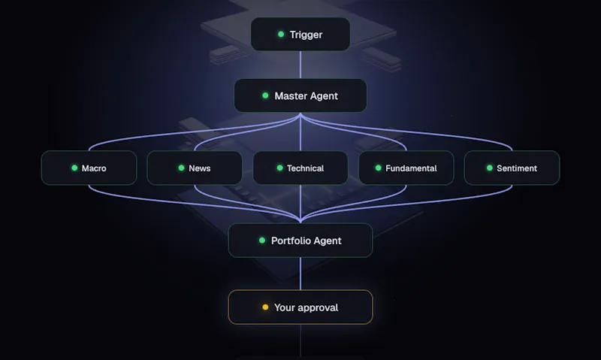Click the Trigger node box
(300, 34)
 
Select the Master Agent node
(300, 95)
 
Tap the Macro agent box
(89, 168)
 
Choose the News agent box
(195, 168)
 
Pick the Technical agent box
(300, 168)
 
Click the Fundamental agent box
(406, 168)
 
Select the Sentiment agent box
(512, 168)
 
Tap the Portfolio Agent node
(300, 241)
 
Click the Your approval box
(300, 307)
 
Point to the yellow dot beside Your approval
(265, 307)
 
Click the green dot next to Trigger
(281, 34)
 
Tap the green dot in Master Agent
(265, 95)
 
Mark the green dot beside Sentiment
(490, 168)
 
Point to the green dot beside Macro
(74, 168)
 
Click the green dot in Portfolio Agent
(262, 241)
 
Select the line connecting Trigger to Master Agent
(300, 65)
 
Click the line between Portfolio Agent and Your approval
(300, 274)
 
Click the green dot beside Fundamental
(379, 168)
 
